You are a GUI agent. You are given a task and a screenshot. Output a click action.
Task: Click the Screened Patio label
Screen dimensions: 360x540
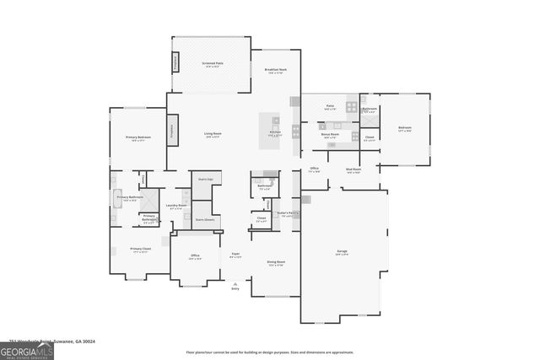click(x=213, y=64)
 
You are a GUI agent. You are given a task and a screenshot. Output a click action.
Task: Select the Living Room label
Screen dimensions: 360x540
click(x=213, y=134)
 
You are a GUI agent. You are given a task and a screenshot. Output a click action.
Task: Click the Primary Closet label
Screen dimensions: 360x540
click(x=140, y=250)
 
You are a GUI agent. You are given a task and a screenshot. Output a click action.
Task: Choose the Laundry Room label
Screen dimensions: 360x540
click(x=176, y=206)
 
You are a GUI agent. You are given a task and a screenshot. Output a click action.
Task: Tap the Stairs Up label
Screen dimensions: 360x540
click(x=204, y=179)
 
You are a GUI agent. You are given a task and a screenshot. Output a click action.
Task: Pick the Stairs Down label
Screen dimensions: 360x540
click(x=204, y=219)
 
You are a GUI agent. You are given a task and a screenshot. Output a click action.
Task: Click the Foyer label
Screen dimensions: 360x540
click(x=235, y=255)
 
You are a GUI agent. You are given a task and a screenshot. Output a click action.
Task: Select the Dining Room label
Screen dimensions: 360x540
click(x=276, y=263)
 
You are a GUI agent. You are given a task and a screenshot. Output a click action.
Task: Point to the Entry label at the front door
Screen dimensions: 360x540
click(x=235, y=287)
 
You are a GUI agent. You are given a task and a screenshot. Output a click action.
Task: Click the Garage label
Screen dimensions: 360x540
click(x=343, y=252)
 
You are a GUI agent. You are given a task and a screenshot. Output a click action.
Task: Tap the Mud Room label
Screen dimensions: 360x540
click(x=353, y=169)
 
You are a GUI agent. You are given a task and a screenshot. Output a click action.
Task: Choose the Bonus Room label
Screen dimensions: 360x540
click(x=330, y=134)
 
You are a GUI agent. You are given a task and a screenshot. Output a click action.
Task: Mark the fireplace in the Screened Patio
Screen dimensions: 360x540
click(x=175, y=62)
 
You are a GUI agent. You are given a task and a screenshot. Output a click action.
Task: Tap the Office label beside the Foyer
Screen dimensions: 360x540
click(x=194, y=257)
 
